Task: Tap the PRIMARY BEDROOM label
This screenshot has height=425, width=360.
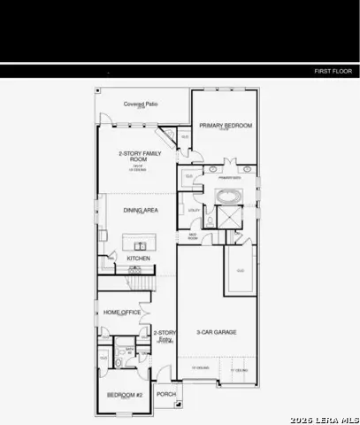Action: pyautogui.click(x=226, y=127)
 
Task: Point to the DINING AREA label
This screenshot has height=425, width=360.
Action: pyautogui.click(x=140, y=210)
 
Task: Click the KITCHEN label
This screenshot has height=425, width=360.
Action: pyautogui.click(x=139, y=259)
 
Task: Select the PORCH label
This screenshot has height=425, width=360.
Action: pyautogui.click(x=166, y=394)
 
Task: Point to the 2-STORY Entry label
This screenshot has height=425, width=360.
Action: pyautogui.click(x=165, y=336)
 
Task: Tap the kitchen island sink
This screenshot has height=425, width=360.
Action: pyautogui.click(x=140, y=243)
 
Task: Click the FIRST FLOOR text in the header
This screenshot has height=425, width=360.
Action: pyautogui.click(x=333, y=70)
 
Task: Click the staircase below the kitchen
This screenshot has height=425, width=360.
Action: pyautogui.click(x=140, y=282)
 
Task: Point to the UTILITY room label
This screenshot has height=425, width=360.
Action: pyautogui.click(x=194, y=210)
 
